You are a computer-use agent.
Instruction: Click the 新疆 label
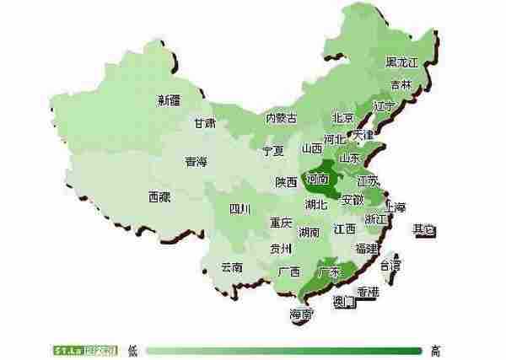[x=169, y=100]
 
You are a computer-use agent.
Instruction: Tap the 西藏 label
[x=159, y=196]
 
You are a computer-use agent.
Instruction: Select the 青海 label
[x=196, y=162]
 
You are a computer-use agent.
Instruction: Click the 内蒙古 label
[x=281, y=118]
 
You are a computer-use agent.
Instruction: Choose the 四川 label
[x=240, y=209]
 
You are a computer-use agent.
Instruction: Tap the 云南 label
[x=232, y=266]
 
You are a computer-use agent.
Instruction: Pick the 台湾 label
[x=390, y=264]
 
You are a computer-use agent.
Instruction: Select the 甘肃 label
[x=204, y=122]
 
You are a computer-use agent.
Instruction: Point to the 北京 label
[x=342, y=118]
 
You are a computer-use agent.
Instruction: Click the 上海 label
[x=395, y=207]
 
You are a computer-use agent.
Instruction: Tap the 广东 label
[x=330, y=271]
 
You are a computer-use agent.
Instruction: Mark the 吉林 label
[x=401, y=84]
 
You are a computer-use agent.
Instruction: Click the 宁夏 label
[x=273, y=151]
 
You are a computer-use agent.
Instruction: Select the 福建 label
[x=367, y=248]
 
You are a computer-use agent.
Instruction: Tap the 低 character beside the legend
[x=132, y=348]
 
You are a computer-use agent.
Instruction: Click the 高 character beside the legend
[x=435, y=348]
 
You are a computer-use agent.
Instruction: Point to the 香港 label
[x=368, y=291]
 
